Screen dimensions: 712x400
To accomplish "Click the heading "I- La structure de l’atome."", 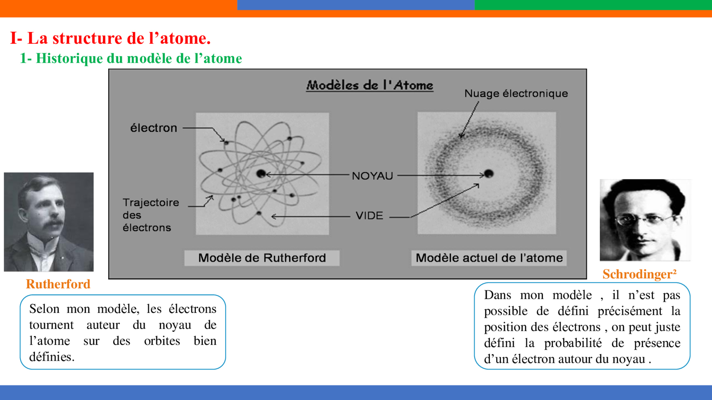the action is click(x=110, y=38).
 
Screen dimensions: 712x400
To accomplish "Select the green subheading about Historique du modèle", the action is click(x=131, y=58).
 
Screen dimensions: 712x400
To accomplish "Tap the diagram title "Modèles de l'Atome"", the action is click(x=370, y=85).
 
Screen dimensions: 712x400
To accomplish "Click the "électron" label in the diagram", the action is click(x=154, y=128).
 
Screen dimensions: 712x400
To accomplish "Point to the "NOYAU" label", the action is click(x=372, y=176).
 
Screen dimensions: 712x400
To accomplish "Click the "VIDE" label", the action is click(x=369, y=215).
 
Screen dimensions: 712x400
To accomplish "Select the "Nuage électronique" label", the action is click(x=516, y=94).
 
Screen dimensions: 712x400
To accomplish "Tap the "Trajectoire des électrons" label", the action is click(x=151, y=215).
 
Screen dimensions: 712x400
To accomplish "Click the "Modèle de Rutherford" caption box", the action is click(x=262, y=258).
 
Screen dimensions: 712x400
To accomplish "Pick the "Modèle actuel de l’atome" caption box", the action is click(x=489, y=258).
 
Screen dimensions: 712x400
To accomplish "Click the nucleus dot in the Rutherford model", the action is click(x=261, y=174).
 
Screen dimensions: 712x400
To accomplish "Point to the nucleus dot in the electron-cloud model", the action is click(x=489, y=174).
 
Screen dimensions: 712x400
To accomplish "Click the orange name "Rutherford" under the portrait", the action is click(x=58, y=284).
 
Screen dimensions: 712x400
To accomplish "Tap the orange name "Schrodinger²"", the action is click(x=639, y=274).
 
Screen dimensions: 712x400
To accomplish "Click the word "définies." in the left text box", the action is click(x=52, y=357).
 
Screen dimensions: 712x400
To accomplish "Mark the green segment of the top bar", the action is click(x=593, y=5).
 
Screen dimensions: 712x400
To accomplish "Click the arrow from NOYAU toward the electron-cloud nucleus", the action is click(x=441, y=175).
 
